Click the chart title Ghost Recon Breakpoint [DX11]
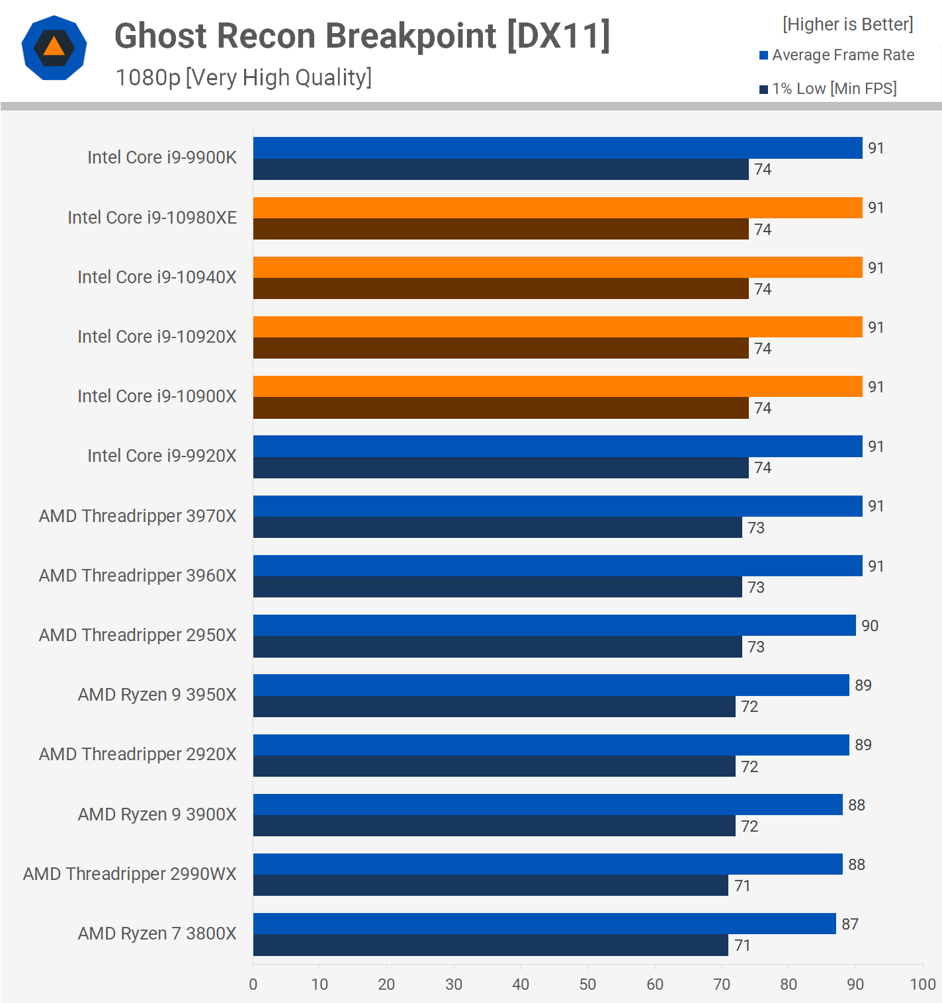(x=362, y=36)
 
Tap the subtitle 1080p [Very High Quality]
(x=243, y=77)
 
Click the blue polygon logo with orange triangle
(x=54, y=48)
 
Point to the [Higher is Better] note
(x=847, y=24)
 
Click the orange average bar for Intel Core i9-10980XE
(x=557, y=208)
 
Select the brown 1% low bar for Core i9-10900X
(x=501, y=408)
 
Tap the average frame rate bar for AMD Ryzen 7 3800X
(x=544, y=924)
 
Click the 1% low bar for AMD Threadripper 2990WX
(x=490, y=885)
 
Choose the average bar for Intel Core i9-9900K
(x=557, y=148)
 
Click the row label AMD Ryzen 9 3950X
(x=157, y=695)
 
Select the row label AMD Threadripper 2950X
(x=138, y=635)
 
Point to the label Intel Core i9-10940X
(x=157, y=277)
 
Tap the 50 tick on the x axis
(x=587, y=984)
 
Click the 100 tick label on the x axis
(x=922, y=984)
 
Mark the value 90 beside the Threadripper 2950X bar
(x=869, y=626)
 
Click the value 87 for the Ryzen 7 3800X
(x=849, y=924)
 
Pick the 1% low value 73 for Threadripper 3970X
(x=755, y=528)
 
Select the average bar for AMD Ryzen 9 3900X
(x=547, y=805)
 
